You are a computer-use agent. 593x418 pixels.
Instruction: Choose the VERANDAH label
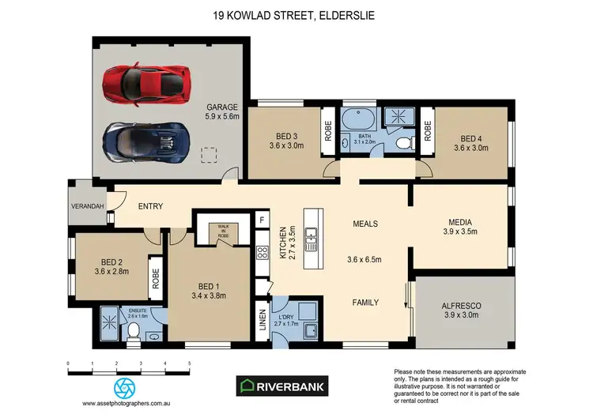88,206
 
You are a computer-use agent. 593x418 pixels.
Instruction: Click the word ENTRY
150,206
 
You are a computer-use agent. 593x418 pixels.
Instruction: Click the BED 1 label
209,288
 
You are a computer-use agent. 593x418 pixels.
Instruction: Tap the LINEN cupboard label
262,324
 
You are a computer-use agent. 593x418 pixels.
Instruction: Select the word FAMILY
364,302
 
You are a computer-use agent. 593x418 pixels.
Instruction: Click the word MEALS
364,224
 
